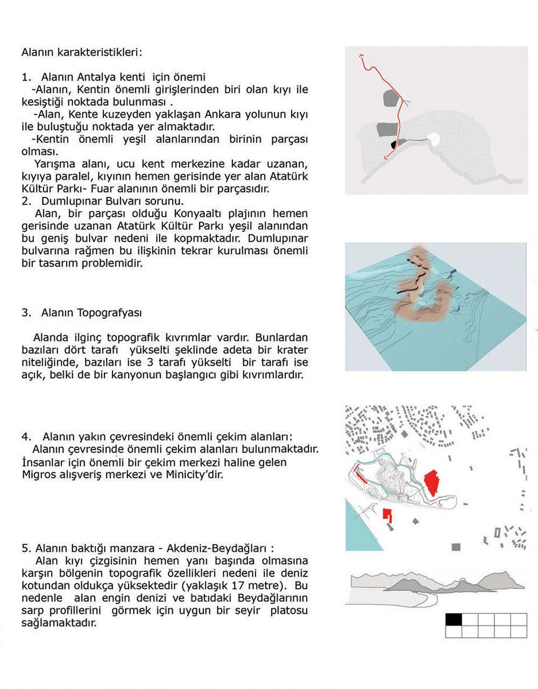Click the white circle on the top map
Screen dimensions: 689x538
[434, 139]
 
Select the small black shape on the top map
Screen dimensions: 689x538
[394, 144]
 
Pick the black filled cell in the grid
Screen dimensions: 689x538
[454, 619]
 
